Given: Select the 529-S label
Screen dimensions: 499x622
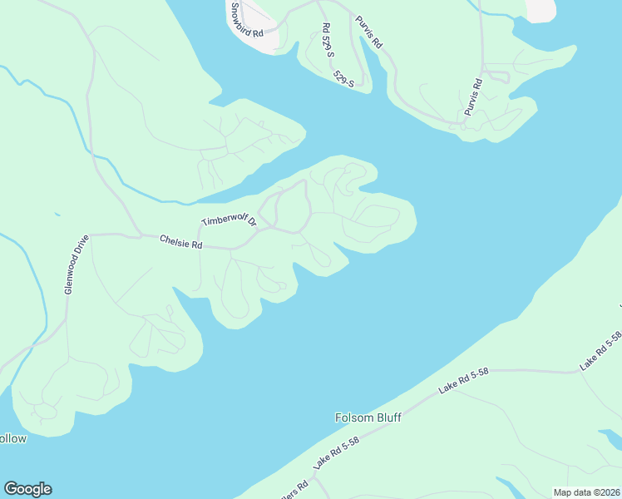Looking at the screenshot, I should [343, 78].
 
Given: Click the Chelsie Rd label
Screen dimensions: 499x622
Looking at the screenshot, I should [181, 242].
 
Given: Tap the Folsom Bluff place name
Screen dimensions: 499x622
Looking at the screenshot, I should [368, 417].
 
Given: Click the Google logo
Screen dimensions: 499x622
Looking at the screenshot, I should [27, 489].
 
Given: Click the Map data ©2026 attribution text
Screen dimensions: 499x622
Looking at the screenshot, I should [587, 492].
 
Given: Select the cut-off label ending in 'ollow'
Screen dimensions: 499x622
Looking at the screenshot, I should [13, 438].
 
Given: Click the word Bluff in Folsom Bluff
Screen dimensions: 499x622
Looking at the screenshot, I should [388, 417].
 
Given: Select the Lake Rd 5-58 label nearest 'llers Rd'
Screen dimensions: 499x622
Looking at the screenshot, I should [337, 457].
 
